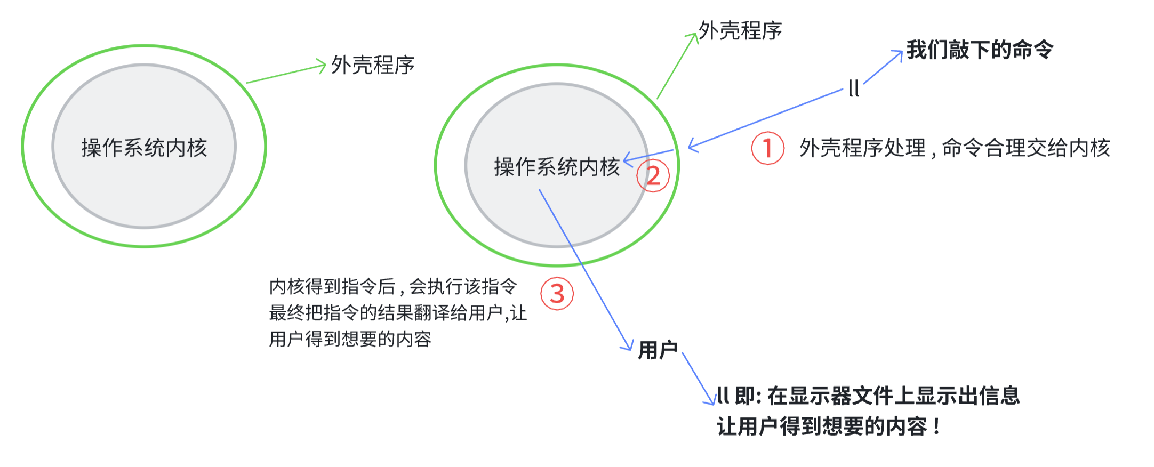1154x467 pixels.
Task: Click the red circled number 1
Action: [x=767, y=148]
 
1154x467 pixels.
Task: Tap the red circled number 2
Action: [x=653, y=176]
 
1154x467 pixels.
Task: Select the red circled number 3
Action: [x=557, y=294]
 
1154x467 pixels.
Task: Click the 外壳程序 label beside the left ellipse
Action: [x=373, y=65]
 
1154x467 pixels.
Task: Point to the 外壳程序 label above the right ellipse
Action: [x=740, y=30]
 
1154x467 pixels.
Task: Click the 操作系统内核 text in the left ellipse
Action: [x=144, y=148]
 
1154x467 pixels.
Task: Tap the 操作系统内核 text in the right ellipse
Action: [x=557, y=167]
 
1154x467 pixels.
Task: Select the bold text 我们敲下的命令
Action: [x=980, y=50]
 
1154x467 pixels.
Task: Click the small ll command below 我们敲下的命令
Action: [x=853, y=88]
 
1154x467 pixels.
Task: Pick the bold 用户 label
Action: [x=658, y=350]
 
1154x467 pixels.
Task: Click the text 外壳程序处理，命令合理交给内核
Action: [x=955, y=148]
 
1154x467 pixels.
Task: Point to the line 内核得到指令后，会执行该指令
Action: [x=393, y=287]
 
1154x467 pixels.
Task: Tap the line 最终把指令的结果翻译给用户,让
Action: [x=398, y=313]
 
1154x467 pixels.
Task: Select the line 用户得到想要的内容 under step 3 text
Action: [x=350, y=339]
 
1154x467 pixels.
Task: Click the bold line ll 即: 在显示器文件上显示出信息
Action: [x=868, y=396]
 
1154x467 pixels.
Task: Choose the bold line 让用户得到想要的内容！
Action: [x=829, y=426]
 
